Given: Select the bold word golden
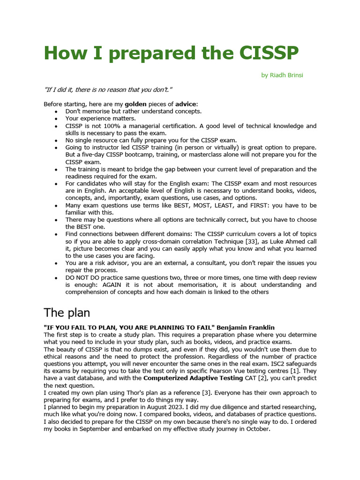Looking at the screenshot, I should [135, 104].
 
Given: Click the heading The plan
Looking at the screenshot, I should [67, 313].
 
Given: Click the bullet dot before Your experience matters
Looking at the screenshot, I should [56, 119].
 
